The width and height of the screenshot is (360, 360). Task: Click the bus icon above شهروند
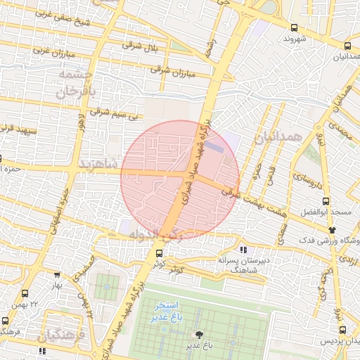pos(293,27)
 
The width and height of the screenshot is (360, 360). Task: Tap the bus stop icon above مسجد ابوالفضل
pos(323,200)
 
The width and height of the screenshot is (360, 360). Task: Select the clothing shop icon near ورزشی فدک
pos(332,229)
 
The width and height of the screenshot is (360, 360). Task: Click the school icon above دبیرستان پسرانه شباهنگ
pos(243,250)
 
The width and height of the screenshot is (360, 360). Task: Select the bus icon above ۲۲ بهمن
pos(25,292)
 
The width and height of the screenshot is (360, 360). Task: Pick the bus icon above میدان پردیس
pos(342,330)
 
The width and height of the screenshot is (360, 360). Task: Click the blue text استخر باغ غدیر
pos(167,311)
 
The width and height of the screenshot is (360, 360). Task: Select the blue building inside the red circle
pos(215,148)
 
